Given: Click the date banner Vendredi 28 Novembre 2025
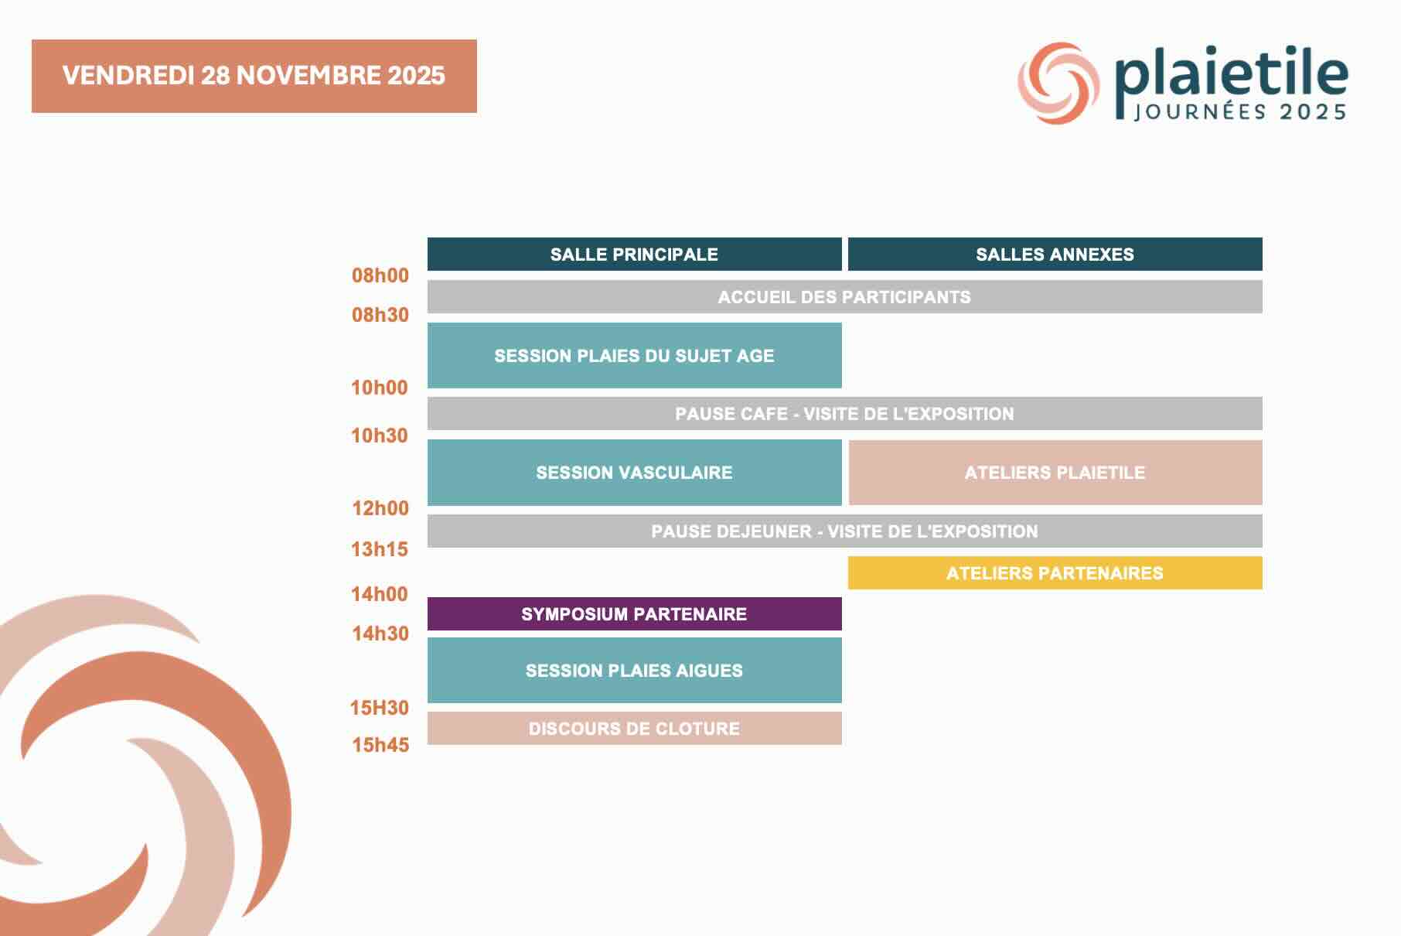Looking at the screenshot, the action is [254, 76].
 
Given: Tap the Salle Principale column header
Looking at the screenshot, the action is [634, 254].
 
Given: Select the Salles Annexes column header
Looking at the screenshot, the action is [1055, 254].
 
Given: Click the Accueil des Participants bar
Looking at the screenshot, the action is [844, 297].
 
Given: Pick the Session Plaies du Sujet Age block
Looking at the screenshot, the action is [634, 356].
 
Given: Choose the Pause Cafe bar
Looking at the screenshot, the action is [844, 414].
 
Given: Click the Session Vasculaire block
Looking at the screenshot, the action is [634, 473].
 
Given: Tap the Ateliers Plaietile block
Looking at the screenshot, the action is [1055, 473].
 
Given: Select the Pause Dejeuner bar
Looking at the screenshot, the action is [844, 531].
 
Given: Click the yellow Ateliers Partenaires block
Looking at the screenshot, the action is [1055, 573].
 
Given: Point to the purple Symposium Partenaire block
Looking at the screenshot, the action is [634, 614].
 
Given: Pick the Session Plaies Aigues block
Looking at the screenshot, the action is [634, 671].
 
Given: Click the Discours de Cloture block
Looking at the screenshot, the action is [634, 729].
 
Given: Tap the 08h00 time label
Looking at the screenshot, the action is [380, 275].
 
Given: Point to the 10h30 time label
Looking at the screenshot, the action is [380, 436].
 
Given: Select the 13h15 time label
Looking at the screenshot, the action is [380, 549].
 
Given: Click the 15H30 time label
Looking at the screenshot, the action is [380, 708].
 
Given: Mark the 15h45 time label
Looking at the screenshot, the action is [380, 745].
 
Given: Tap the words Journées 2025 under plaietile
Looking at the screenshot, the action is [1240, 112].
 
